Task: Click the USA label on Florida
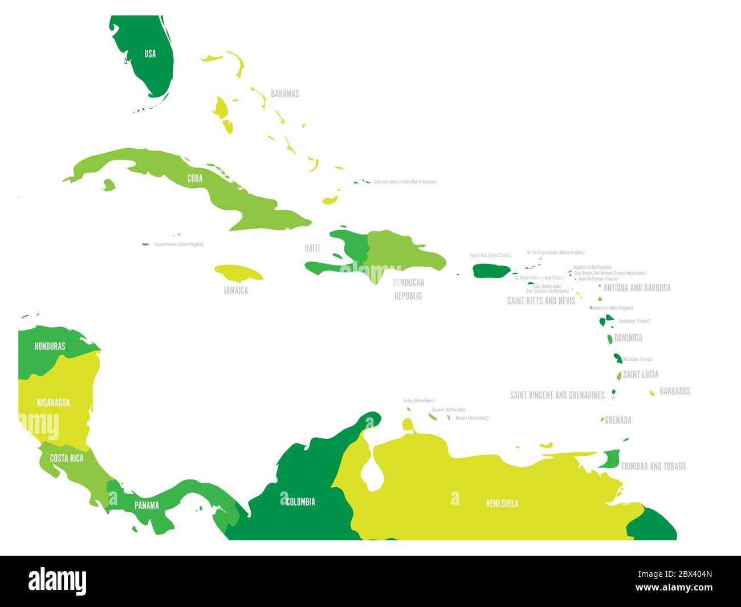tap(150, 54)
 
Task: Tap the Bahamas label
tap(284, 93)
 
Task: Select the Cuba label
tap(195, 178)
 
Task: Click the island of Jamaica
tap(238, 273)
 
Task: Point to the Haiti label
tap(312, 248)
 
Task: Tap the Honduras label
tap(50, 346)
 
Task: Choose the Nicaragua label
tap(53, 402)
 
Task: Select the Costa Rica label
tap(66, 458)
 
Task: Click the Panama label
tap(146, 505)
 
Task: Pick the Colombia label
tap(300, 502)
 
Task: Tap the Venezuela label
tap(502, 503)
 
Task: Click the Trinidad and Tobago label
tap(653, 466)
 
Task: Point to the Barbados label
tap(675, 391)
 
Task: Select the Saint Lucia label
tap(641, 374)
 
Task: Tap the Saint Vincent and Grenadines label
tap(557, 395)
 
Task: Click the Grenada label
tap(618, 421)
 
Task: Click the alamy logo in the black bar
tap(58, 581)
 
